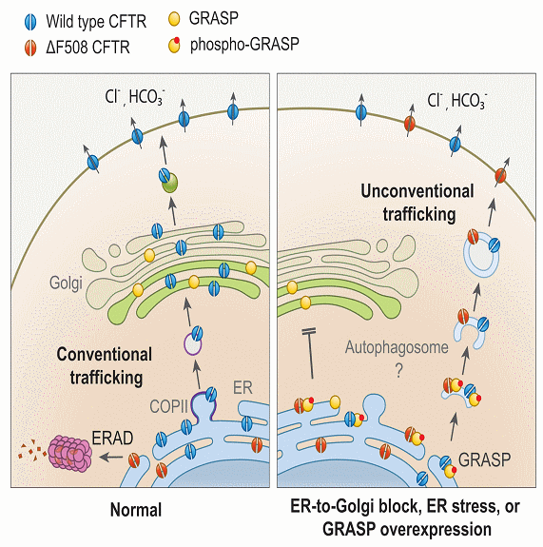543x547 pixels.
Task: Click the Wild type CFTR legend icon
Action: pos(30,22)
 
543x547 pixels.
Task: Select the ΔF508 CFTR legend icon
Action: pos(30,48)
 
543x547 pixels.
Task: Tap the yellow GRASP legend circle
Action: pos(174,19)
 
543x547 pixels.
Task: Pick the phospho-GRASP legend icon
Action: pos(174,45)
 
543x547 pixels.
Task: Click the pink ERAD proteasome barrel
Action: pos(69,453)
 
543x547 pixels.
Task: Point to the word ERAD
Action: pos(112,439)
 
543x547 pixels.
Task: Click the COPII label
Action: pos(168,406)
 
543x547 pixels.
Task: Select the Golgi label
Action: pos(66,283)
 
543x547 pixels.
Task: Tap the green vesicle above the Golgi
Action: pos(170,182)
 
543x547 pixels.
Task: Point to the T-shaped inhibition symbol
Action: pos(310,353)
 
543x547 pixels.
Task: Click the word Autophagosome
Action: pos(397,347)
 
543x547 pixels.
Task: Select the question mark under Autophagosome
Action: pos(399,371)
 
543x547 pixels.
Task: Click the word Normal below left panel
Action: pos(136,510)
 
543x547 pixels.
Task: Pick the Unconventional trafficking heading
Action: pos(417,203)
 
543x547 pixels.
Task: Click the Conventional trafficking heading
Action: pos(105,365)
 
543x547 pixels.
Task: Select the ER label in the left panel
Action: pos(242,387)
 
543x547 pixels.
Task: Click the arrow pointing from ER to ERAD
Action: pos(111,457)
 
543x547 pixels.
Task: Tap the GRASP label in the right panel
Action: pos(484,459)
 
